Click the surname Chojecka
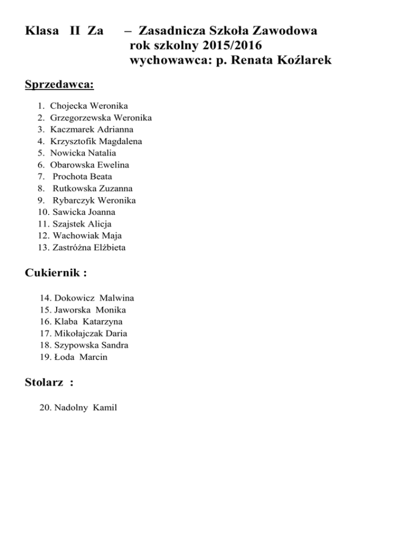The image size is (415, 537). (70, 106)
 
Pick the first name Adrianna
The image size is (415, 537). (114, 130)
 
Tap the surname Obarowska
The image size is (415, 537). (73, 165)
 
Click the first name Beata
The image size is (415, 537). (101, 177)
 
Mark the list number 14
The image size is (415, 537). (45, 298)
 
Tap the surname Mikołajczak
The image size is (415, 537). (82, 333)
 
